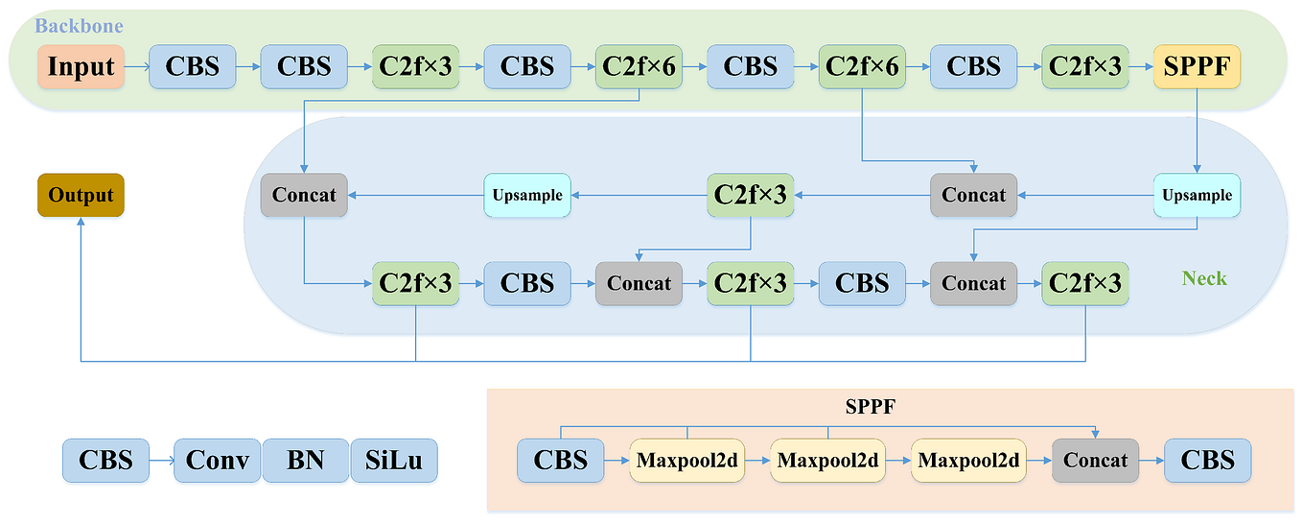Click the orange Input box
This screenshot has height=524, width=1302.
81,66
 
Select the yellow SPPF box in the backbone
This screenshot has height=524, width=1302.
1197,66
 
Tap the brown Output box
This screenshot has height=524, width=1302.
81,195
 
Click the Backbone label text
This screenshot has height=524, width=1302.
79,26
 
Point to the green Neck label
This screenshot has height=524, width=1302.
1203,278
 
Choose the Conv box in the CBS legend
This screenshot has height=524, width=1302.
218,461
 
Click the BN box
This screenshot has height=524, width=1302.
305,461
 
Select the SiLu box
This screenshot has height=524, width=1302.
393,461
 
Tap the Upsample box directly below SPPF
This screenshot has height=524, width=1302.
1197,195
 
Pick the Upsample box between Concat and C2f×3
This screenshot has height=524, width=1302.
527,195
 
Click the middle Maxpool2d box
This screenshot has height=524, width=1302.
827,461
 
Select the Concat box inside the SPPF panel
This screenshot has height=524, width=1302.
1095,461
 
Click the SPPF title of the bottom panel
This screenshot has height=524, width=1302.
870,407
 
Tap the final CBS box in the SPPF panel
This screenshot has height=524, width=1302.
1207,461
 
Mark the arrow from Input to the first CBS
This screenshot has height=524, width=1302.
136,66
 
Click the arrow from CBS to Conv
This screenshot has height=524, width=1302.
161,461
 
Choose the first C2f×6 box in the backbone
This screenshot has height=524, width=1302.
639,66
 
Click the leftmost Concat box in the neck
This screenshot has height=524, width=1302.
304,195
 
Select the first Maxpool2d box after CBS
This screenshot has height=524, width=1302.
687,461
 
